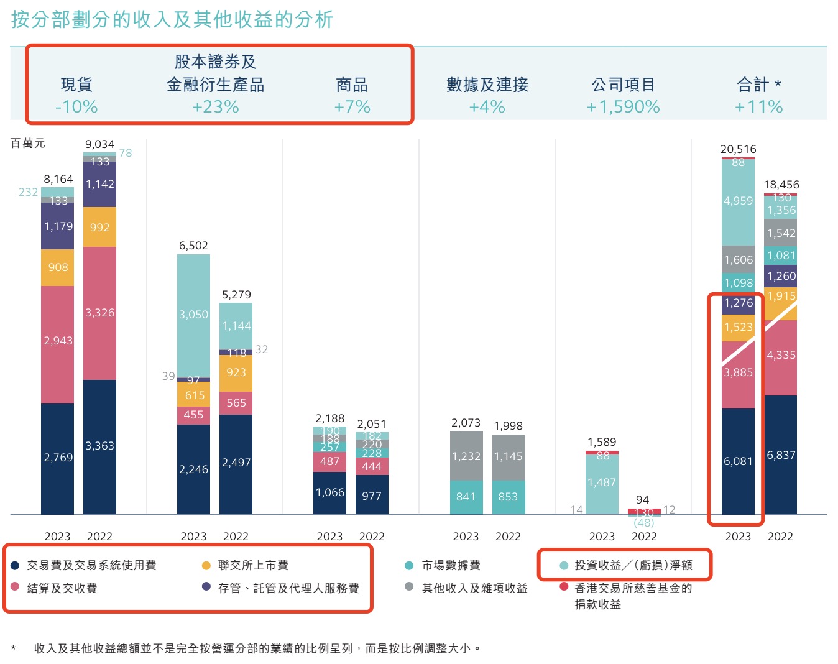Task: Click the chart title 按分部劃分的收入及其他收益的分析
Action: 172,20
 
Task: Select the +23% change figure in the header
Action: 215,107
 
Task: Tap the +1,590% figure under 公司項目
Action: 623,107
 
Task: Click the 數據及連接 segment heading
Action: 487,85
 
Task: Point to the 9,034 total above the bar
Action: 99,144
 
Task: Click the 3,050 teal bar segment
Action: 193,315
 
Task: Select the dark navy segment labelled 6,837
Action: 781,455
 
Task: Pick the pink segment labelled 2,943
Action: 58,341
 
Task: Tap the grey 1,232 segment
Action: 466,456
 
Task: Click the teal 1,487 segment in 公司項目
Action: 602,482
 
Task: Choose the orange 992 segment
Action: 99,228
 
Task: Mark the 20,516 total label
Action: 739,149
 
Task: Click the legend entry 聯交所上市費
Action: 252,565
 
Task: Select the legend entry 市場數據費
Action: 451,565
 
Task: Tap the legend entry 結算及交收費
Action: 62,588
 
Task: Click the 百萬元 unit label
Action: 28,144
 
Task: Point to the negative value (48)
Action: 644,523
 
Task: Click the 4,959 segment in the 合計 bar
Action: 739,201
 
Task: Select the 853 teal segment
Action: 508,497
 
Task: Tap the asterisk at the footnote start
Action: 14,649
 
